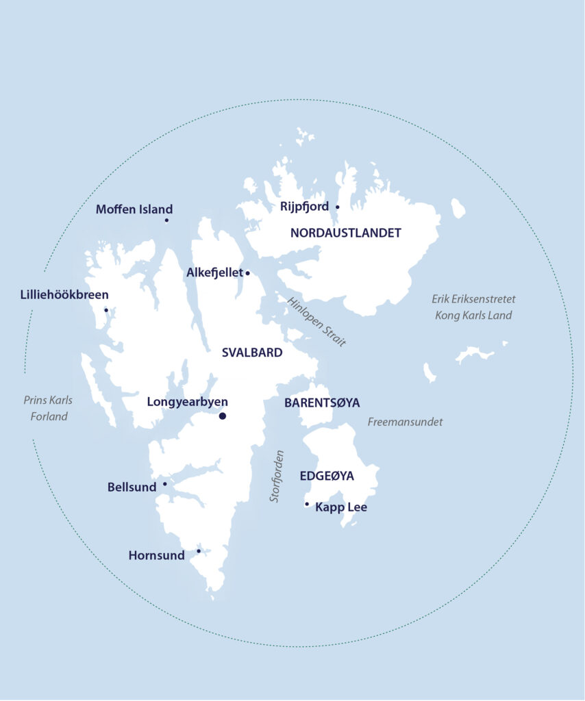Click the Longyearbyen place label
[x=187, y=402]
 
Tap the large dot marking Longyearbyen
[x=222, y=416]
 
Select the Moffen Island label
[x=134, y=209]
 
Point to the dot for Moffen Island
[x=166, y=220]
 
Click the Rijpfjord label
[x=305, y=206]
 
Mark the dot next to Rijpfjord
[x=337, y=206]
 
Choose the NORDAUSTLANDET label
[x=345, y=233]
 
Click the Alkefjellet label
[x=214, y=272]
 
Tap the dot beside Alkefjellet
[x=247, y=273]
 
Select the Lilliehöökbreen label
[x=64, y=296]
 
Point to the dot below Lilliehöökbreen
[x=105, y=309]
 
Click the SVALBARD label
[x=252, y=353]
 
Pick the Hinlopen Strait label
[x=316, y=322]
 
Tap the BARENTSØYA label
[x=322, y=403]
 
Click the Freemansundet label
[x=405, y=422]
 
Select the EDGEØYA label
[x=327, y=476]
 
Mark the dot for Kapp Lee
[x=307, y=505]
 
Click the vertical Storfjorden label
[x=276, y=476]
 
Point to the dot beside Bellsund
[x=164, y=484]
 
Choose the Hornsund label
[x=156, y=555]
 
